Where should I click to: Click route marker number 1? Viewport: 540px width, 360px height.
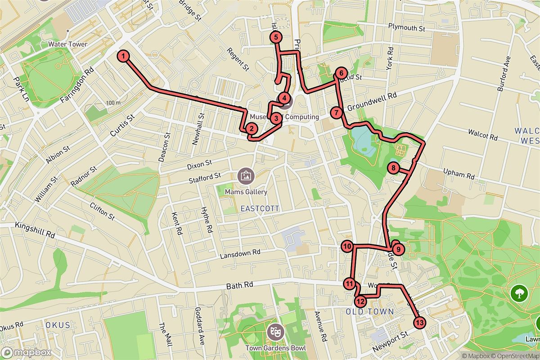[123, 56]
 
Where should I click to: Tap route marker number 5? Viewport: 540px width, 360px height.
[276, 37]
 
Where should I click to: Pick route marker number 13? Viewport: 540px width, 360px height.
[419, 323]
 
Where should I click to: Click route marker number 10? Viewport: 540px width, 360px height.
[347, 247]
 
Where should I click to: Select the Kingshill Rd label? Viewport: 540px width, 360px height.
[34, 229]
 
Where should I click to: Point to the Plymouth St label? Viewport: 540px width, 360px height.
[407, 28]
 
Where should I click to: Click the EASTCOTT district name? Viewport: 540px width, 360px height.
[260, 209]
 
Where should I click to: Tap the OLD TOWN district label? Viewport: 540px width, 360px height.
[370, 312]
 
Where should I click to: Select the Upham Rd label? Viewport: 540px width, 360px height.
[459, 175]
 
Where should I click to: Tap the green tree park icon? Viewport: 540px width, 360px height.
[519, 293]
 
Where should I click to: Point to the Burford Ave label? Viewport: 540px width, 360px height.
[504, 74]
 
